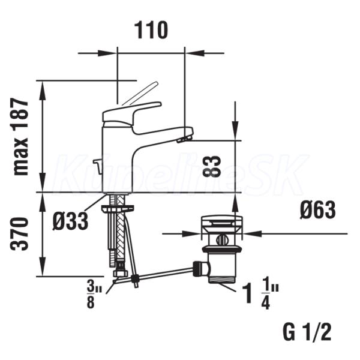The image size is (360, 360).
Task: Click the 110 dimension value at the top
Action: click(151, 31)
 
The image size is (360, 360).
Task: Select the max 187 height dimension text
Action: click(20, 137)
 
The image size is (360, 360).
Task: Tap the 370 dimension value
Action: click(20, 234)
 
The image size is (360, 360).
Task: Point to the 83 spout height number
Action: click(212, 166)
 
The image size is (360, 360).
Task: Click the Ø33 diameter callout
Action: click(70, 221)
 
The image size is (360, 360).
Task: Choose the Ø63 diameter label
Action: click(318, 210)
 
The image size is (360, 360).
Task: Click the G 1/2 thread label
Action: click(307, 332)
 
